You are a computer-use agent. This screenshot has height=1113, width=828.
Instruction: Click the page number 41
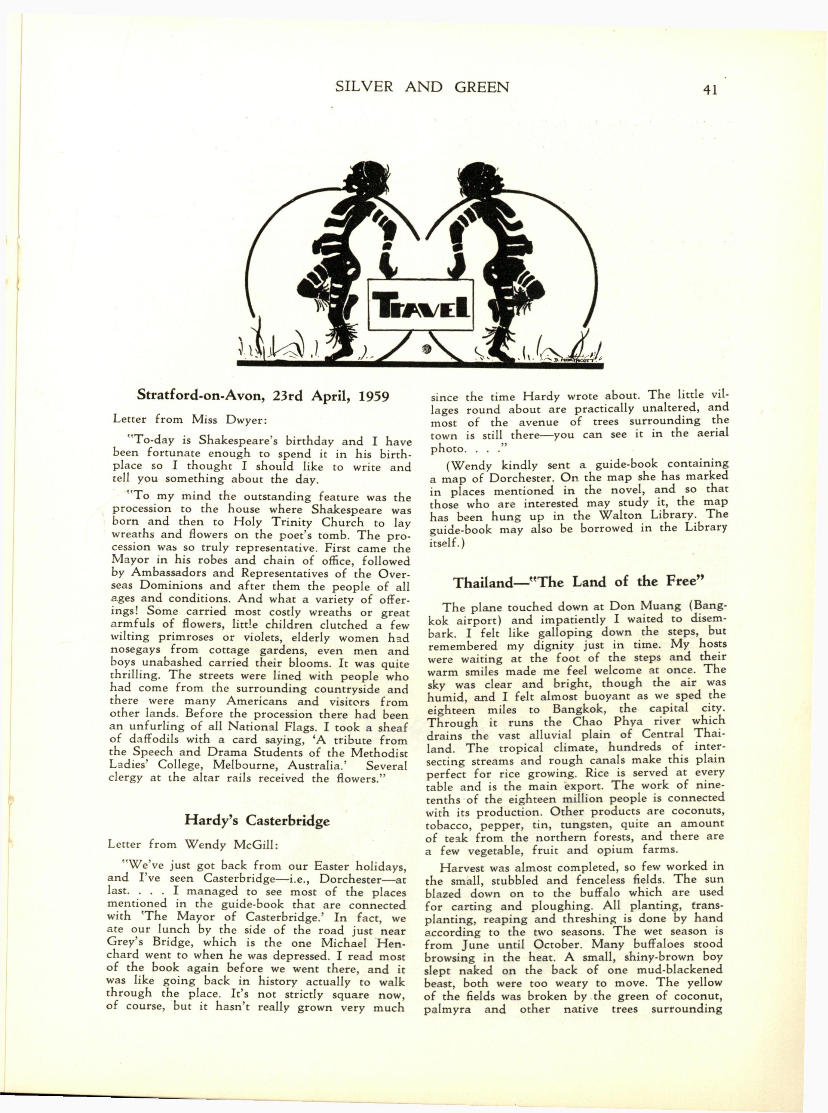click(x=710, y=90)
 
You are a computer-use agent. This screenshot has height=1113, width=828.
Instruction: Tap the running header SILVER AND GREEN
click(x=422, y=87)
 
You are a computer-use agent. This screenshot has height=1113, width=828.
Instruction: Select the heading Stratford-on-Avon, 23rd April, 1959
click(x=263, y=397)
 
